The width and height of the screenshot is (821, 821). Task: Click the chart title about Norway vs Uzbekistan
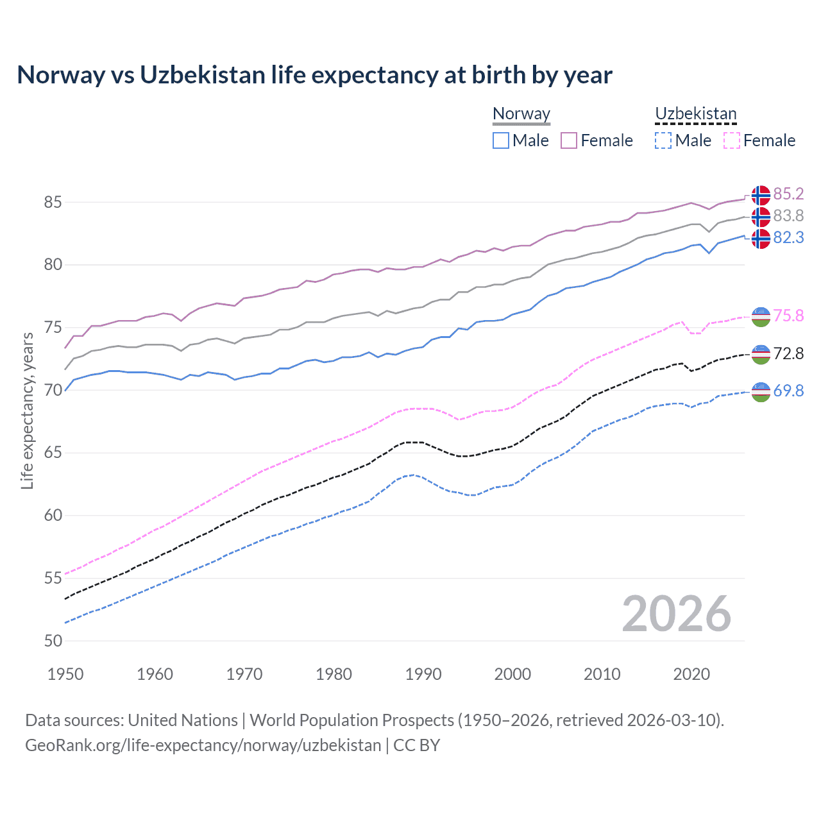tap(314, 75)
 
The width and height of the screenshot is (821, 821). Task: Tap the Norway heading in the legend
tap(521, 114)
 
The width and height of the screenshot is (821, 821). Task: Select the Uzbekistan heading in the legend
tap(695, 114)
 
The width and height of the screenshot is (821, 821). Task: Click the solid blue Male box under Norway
tap(501, 140)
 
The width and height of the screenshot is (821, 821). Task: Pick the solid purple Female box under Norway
tap(569, 140)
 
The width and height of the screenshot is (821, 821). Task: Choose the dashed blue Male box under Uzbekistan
tap(663, 140)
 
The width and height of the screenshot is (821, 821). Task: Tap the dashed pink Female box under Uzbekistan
tap(732, 140)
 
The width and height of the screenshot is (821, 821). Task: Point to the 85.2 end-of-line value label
tap(788, 194)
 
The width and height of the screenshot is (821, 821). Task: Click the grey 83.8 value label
tap(788, 216)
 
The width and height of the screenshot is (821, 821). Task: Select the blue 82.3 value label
tap(788, 237)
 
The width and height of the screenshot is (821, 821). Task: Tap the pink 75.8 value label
tap(788, 316)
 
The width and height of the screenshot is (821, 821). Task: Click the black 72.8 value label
tap(788, 353)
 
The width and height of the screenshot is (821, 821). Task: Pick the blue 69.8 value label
tap(788, 391)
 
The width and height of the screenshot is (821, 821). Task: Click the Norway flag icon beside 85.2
tap(761, 195)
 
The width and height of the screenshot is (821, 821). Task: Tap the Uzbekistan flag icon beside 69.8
tap(761, 391)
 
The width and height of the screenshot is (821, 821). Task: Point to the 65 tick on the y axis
tap(53, 453)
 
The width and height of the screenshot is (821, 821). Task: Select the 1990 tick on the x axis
tap(423, 674)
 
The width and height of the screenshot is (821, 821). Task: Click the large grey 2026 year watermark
tap(676, 614)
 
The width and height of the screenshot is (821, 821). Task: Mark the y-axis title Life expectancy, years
tap(27, 410)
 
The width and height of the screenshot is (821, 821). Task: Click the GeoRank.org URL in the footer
tap(203, 745)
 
